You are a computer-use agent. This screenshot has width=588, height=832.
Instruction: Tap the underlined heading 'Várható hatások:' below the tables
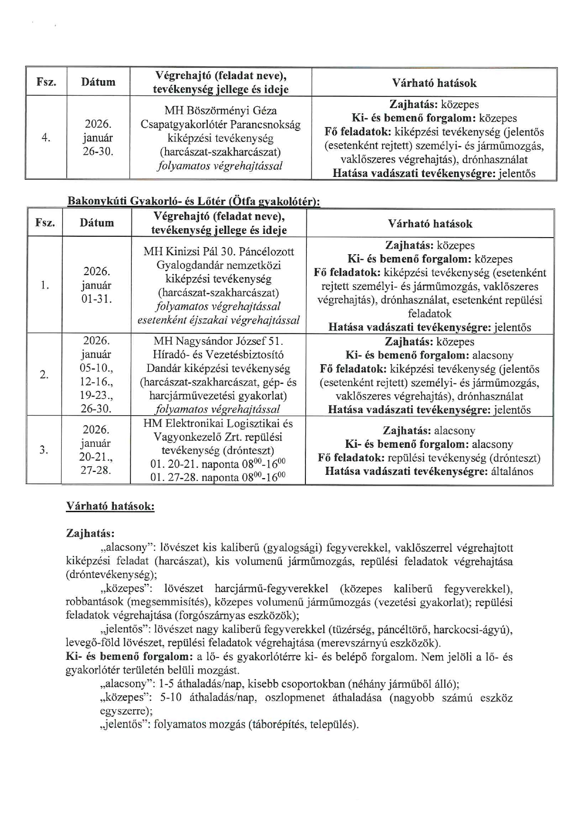coord(110,506)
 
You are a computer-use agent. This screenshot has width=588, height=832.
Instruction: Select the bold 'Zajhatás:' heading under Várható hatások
coord(90,533)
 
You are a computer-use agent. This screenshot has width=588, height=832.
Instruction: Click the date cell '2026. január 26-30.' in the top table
coord(98,138)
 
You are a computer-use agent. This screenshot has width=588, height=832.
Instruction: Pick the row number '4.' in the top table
coord(46,138)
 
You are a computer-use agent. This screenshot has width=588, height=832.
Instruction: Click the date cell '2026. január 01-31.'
coord(97,285)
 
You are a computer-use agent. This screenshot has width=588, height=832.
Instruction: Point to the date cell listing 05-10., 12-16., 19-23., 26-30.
coord(97,375)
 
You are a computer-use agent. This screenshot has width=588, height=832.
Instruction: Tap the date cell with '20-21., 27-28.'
coord(97,450)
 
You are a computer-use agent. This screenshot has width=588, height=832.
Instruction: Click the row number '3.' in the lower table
coord(44,450)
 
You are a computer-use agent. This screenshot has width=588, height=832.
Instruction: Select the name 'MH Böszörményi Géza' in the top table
coord(220,111)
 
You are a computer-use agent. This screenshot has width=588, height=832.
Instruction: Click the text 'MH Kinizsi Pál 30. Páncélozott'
coord(219,251)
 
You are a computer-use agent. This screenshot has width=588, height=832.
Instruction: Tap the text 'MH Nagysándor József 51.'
coord(218,341)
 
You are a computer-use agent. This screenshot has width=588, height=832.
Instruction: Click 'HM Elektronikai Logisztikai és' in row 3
coord(218,423)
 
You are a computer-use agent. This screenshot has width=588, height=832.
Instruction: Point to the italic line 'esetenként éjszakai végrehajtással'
coord(219,320)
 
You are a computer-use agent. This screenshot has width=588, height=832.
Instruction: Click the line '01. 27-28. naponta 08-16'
coord(218,477)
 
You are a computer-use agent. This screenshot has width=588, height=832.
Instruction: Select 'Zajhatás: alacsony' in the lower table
coord(429,431)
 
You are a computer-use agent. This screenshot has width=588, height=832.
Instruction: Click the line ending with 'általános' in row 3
coord(429,471)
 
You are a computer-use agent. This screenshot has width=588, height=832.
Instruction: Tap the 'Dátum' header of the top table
coord(98,82)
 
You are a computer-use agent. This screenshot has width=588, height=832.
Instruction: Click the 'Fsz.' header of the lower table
coord(45,222)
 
